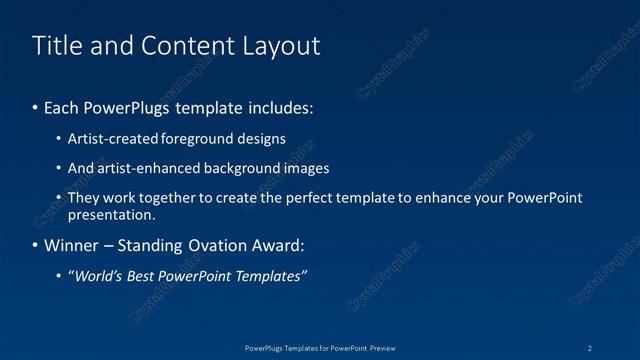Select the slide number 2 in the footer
click(590, 347)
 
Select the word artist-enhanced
click(143, 168)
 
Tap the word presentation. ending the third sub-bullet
click(111, 214)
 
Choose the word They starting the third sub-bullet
click(84, 198)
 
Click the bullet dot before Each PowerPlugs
click(36, 107)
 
